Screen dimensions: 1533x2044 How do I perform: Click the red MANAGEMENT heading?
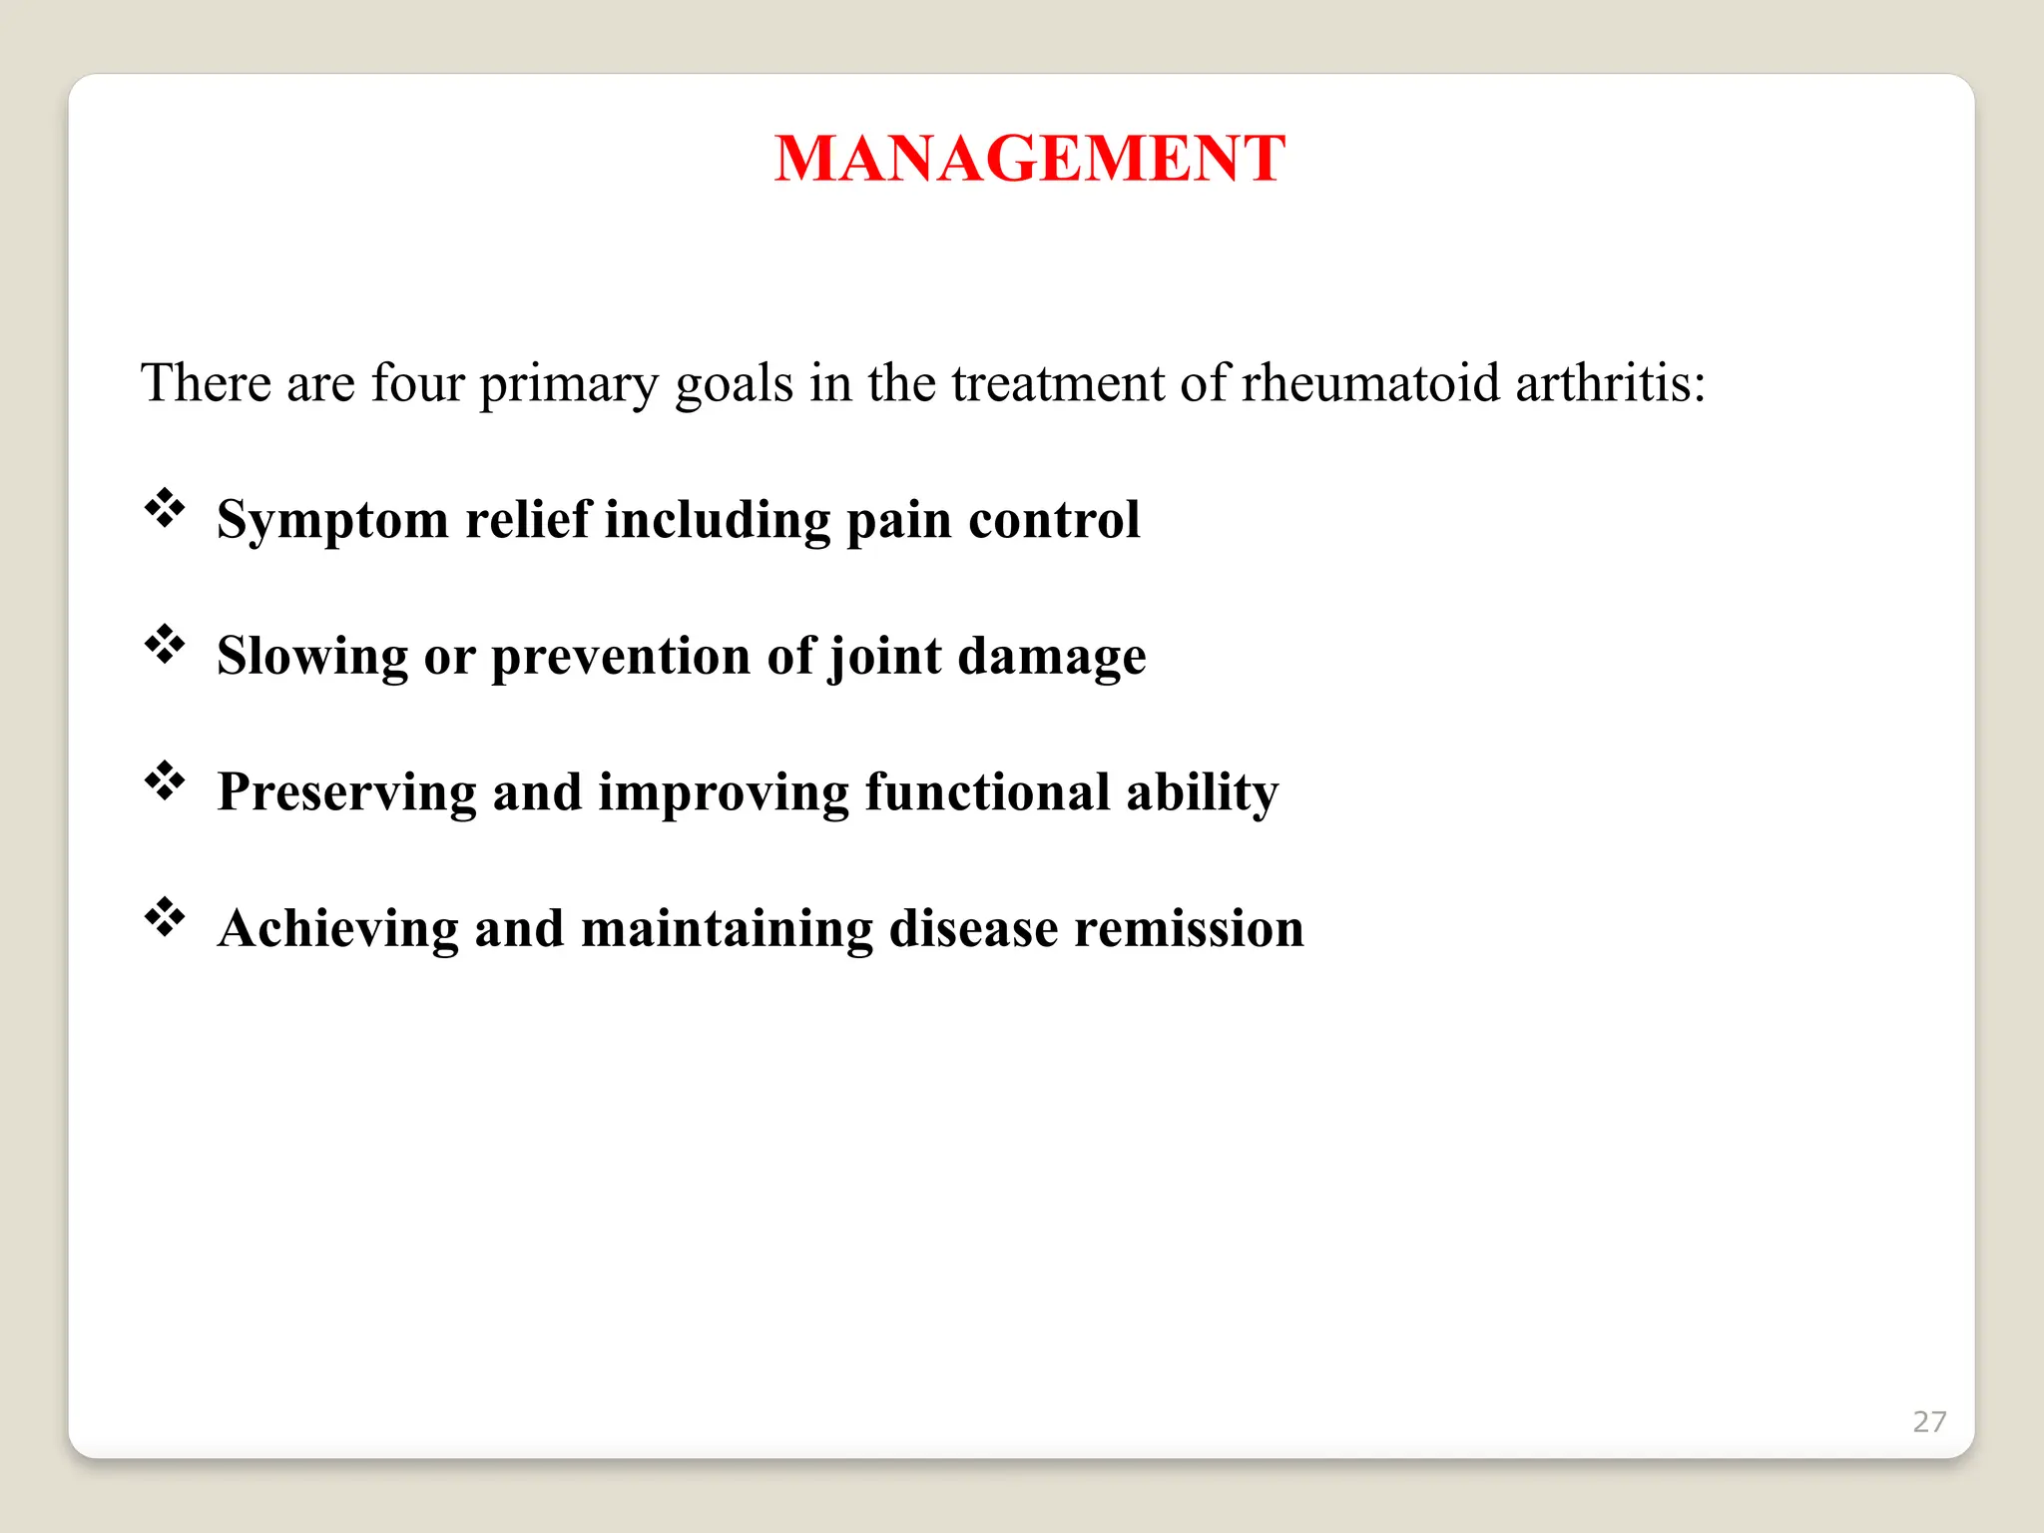1029,159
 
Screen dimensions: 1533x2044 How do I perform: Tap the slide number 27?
1928,1421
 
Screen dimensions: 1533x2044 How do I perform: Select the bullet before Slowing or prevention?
165,645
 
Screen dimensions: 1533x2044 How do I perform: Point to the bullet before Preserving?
165,780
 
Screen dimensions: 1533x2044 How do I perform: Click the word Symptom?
332,521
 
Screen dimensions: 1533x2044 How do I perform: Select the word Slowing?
312,656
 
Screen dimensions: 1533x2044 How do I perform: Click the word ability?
1202,792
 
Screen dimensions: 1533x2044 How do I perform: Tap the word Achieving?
337,929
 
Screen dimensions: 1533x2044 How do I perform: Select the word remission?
1189,928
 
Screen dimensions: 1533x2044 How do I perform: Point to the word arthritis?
1609,383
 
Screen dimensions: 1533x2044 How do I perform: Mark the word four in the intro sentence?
417,383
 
